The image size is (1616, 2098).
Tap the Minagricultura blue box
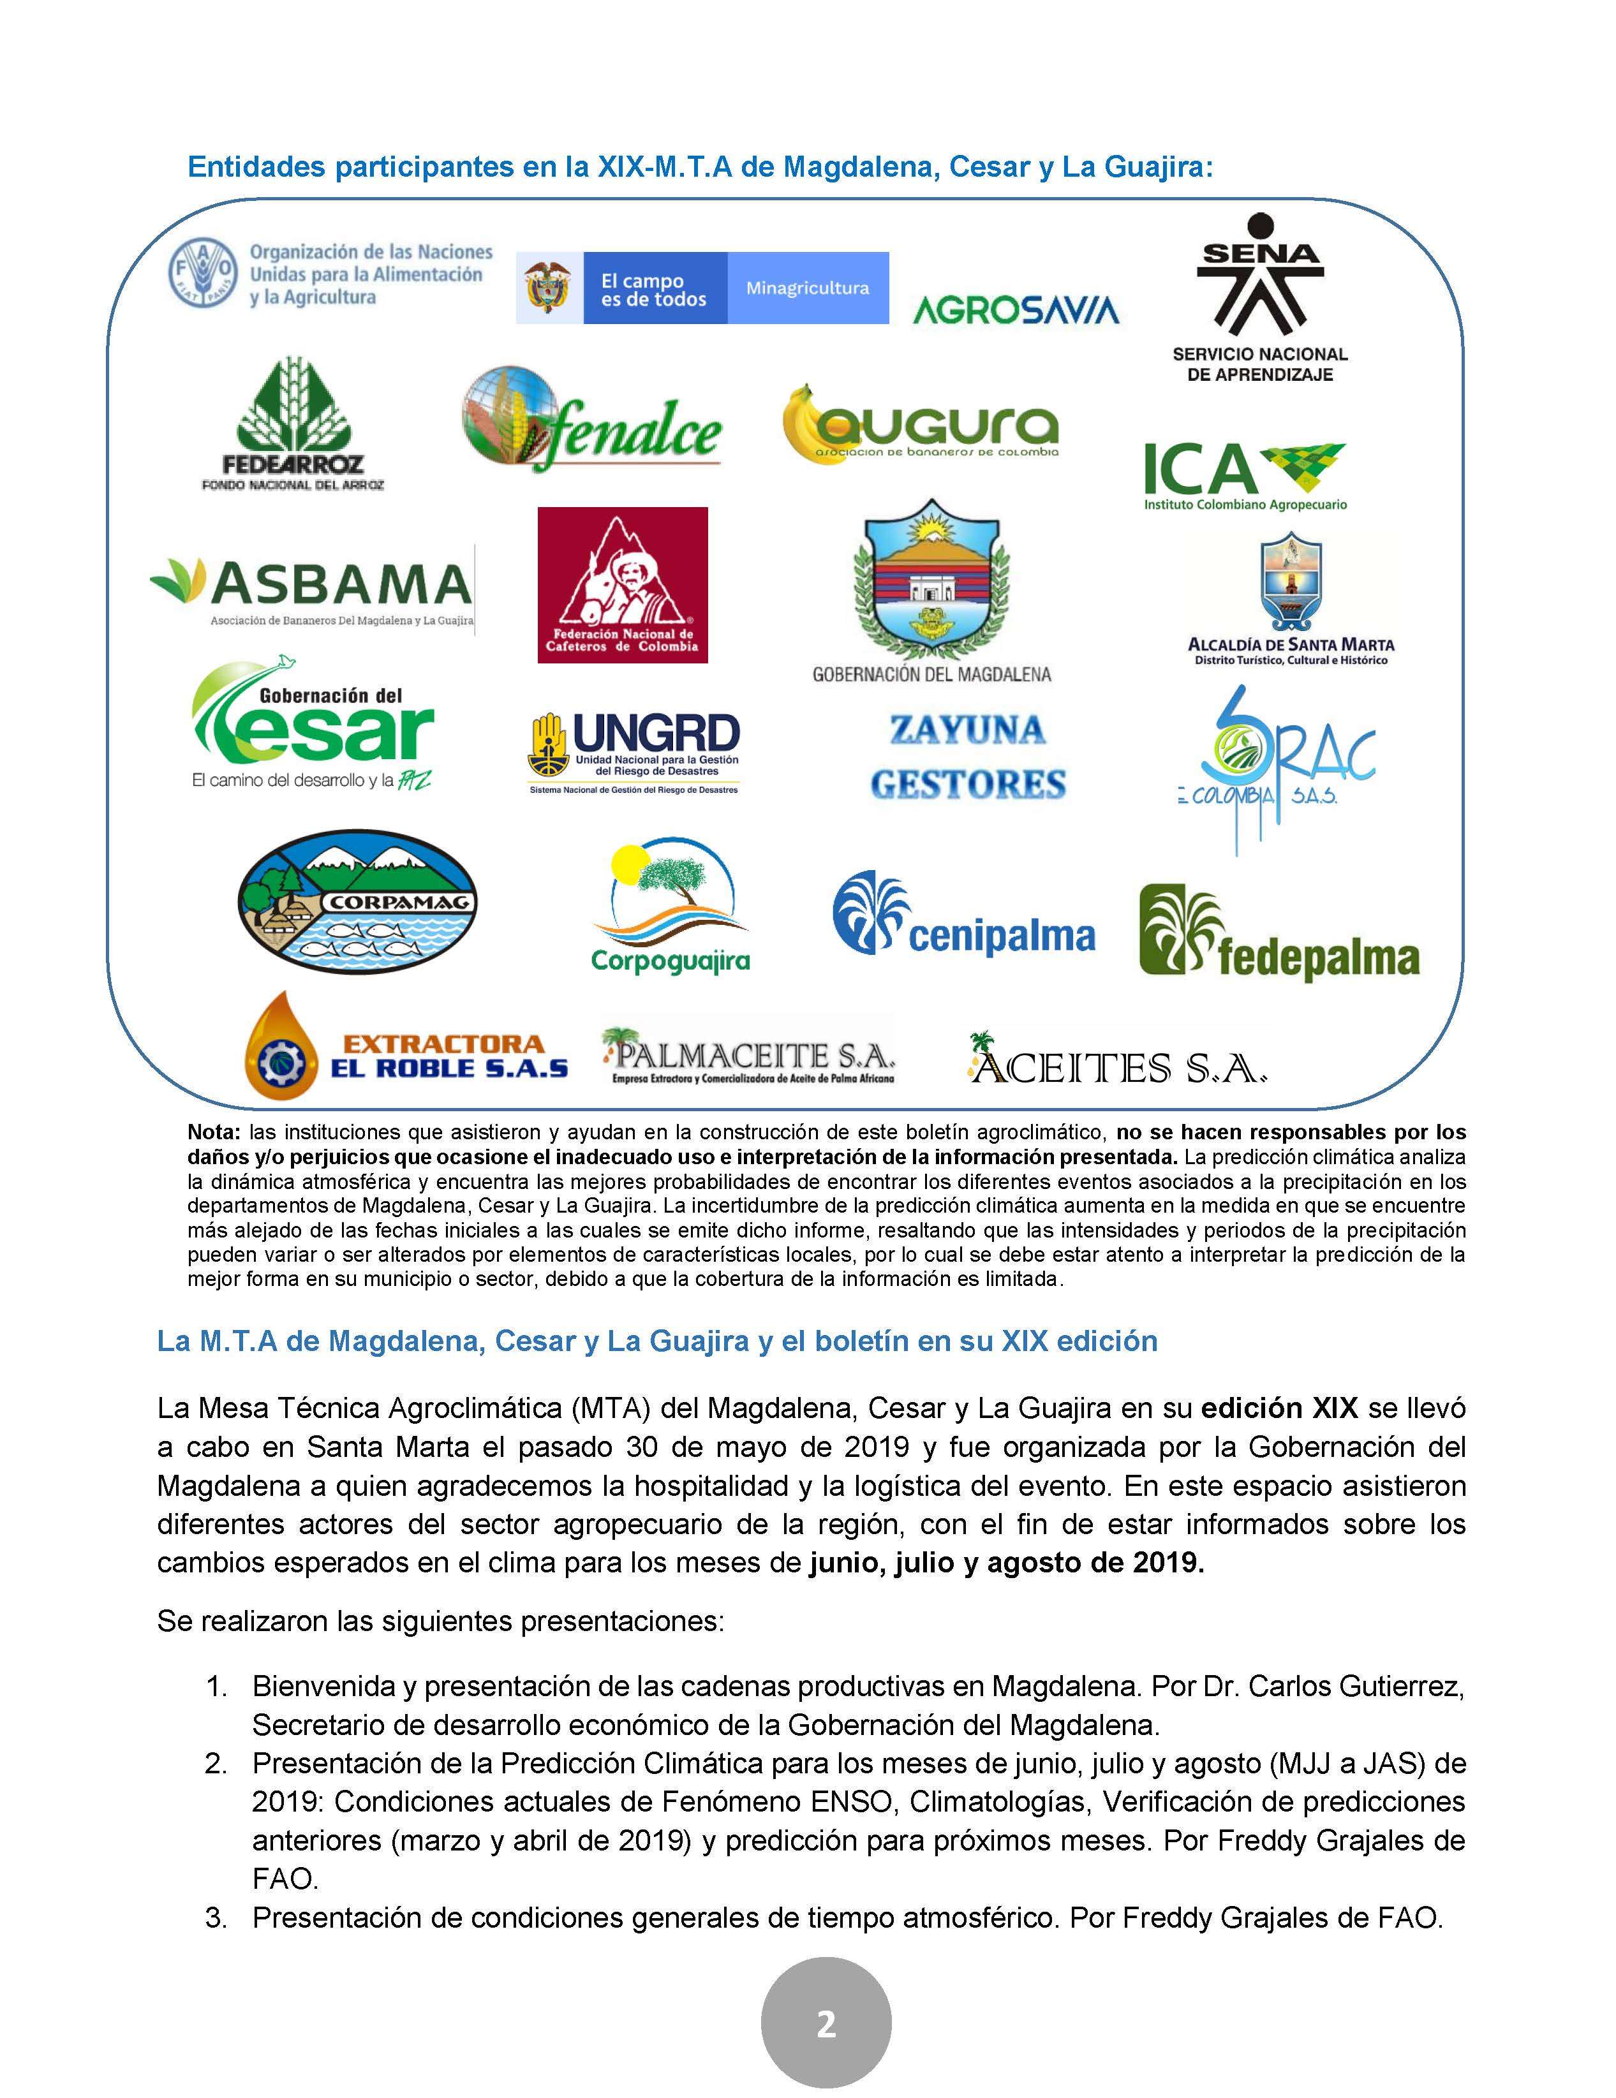click(807, 288)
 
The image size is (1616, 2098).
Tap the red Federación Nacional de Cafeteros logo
click(623, 584)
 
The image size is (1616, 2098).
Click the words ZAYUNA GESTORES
click(967, 757)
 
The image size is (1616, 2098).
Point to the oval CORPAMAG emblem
click(357, 901)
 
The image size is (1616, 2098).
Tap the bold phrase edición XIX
click(1279, 1408)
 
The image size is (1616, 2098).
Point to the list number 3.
click(216, 1917)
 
